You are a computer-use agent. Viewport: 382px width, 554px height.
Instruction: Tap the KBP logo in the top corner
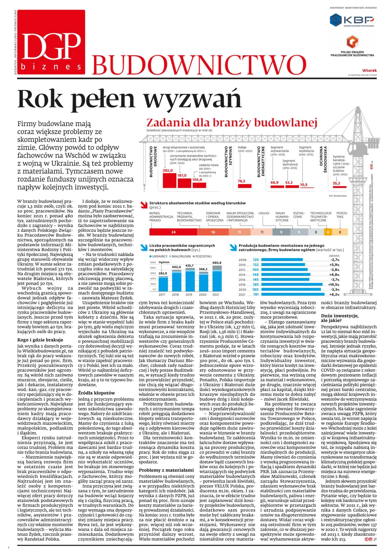(x=352, y=20)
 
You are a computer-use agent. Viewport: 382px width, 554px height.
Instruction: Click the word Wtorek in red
(x=369, y=70)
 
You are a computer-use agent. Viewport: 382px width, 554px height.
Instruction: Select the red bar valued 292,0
(x=169, y=180)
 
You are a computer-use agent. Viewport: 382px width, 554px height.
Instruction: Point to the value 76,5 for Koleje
(x=241, y=181)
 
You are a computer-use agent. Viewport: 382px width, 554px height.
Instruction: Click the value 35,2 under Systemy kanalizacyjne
(x=336, y=183)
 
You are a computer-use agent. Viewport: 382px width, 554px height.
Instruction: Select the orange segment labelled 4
(x=328, y=232)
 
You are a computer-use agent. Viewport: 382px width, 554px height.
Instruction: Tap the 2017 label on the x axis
(x=162, y=295)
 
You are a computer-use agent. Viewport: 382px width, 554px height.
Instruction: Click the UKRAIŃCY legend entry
(x=158, y=256)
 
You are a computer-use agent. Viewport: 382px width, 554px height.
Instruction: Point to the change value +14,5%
(x=333, y=285)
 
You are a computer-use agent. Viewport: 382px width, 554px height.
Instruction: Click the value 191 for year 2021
(x=256, y=294)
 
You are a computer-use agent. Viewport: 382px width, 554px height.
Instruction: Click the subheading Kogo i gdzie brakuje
(x=40, y=340)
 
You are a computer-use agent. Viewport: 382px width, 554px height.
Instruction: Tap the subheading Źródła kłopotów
(x=96, y=393)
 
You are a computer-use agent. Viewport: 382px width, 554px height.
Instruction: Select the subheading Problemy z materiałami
(x=166, y=470)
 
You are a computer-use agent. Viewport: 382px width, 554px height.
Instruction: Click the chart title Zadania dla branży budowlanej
(x=232, y=123)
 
